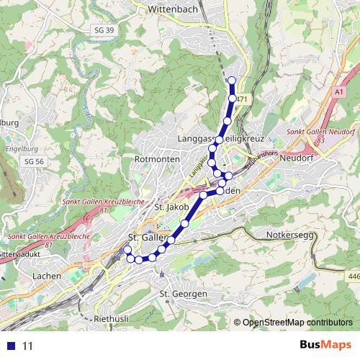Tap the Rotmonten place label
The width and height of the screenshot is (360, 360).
point(151,158)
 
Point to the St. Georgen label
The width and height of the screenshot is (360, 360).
point(183,294)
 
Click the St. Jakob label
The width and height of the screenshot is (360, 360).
point(171,207)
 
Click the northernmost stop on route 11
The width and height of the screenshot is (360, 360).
point(231,80)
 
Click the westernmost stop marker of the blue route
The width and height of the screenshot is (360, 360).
point(128,250)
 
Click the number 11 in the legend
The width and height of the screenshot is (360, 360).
point(28,346)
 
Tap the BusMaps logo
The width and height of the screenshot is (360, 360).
point(325,345)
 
